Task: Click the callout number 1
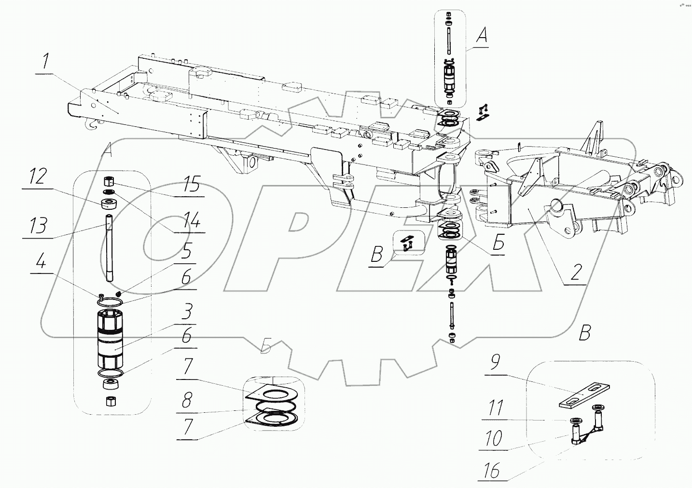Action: [45, 64]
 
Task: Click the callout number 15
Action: [192, 184]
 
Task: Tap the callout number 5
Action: [186, 251]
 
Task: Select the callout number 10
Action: [493, 439]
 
